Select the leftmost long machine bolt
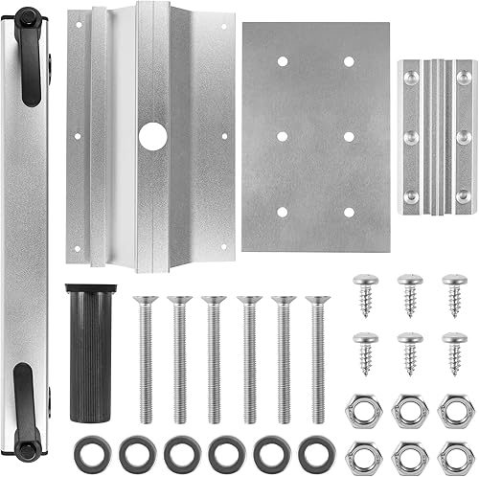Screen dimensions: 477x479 pos(145,359)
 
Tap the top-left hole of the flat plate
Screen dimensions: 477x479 pos(282,60)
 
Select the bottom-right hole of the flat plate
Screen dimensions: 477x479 pos(349,212)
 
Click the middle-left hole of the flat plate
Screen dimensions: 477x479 pos(282,136)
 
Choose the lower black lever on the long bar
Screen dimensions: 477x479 pos(30,412)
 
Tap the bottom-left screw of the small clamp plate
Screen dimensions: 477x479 pos(412,195)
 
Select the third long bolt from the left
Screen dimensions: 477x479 pos(213,359)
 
